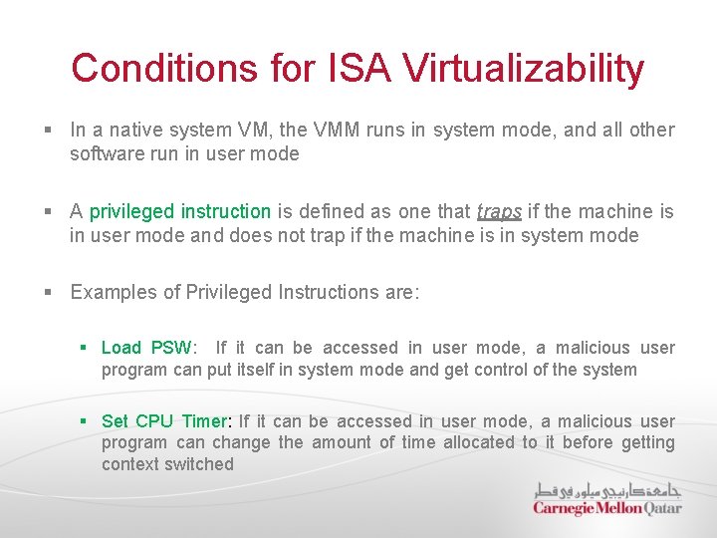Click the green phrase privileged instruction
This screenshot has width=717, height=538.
180,211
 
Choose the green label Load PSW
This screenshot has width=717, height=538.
146,348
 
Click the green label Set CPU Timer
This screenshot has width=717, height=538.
165,421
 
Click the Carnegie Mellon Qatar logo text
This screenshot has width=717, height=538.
606,508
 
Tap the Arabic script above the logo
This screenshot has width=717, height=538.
606,490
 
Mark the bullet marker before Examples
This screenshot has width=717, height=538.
49,293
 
